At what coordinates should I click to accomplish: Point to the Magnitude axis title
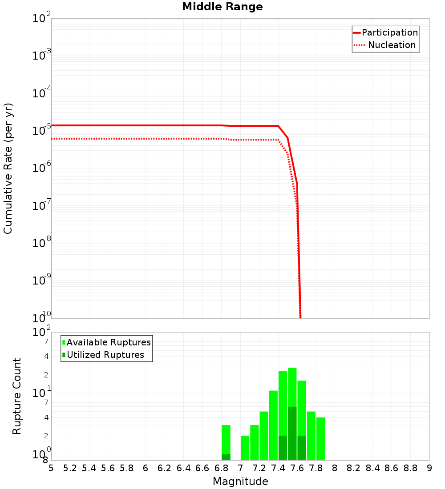(240, 481)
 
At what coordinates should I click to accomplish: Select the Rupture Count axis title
(17, 396)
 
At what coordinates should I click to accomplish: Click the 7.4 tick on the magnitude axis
(278, 468)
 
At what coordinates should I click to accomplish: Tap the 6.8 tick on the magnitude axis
(221, 468)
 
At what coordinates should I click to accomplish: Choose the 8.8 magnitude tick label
(410, 468)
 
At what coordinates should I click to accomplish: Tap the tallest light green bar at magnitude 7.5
(292, 387)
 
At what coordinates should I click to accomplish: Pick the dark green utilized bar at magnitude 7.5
(292, 433)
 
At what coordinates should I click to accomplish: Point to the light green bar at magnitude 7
(245, 448)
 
